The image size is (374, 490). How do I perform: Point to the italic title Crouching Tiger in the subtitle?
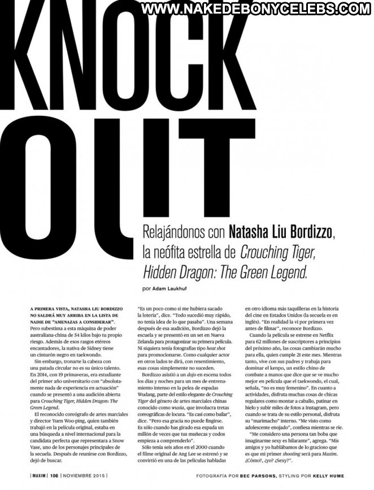(279, 253)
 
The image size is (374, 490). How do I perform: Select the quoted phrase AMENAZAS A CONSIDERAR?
(82, 321)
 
